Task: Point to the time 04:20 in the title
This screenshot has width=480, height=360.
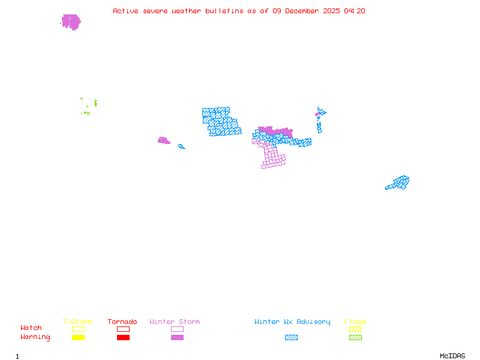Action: click(x=357, y=11)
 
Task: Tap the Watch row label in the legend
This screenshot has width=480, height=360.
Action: click(x=31, y=328)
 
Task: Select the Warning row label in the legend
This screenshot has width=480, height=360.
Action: click(x=35, y=337)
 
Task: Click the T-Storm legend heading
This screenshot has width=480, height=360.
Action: click(x=77, y=322)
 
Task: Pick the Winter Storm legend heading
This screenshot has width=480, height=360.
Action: click(x=175, y=322)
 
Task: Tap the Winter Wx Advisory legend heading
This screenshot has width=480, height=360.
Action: click(x=292, y=322)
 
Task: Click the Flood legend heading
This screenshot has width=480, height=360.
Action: click(x=355, y=322)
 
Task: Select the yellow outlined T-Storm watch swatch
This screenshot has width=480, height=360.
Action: click(x=78, y=329)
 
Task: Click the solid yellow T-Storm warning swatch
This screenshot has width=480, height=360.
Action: click(x=78, y=338)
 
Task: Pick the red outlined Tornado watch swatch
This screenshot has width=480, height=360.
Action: click(x=123, y=329)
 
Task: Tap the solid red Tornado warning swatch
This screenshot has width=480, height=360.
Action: click(x=123, y=338)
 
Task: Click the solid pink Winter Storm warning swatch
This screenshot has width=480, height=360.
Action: click(x=177, y=338)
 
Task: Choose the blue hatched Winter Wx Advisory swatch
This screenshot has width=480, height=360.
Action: click(x=291, y=338)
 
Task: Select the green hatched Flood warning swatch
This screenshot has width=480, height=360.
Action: click(x=355, y=338)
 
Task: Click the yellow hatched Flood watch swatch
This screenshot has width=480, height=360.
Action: click(x=355, y=329)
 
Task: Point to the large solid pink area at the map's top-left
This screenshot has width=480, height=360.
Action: click(x=71, y=22)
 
